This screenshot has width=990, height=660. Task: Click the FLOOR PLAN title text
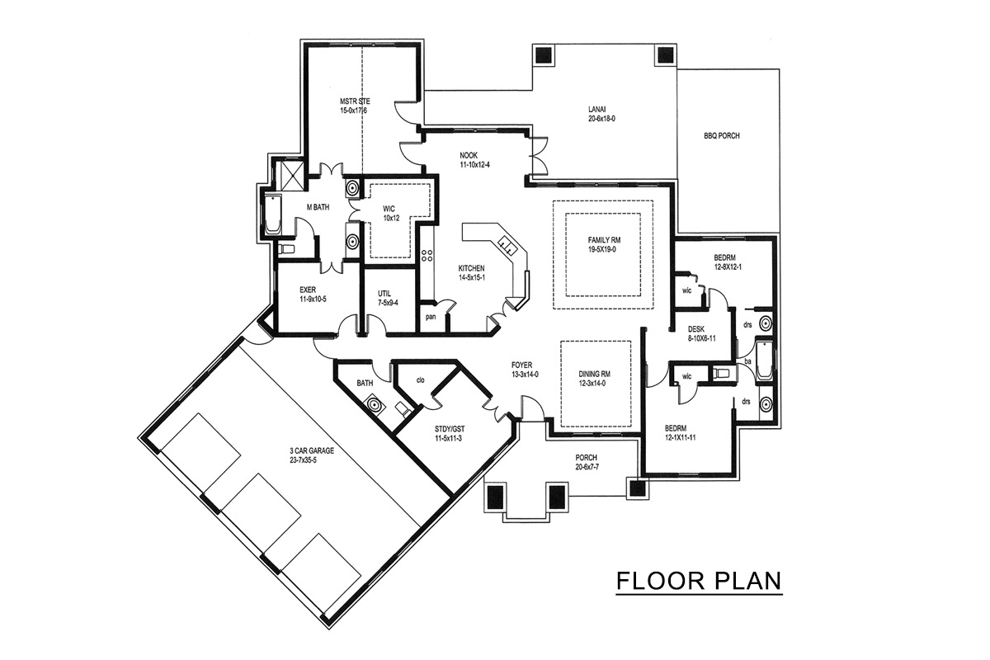pyautogui.click(x=699, y=581)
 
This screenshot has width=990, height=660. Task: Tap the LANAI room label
pyautogui.click(x=596, y=109)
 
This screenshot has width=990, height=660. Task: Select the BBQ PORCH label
pyautogui.click(x=722, y=136)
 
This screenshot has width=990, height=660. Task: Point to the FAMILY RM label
pyautogui.click(x=604, y=240)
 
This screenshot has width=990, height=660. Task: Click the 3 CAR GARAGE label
pyautogui.click(x=312, y=451)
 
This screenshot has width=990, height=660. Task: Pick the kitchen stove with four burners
pyautogui.click(x=427, y=256)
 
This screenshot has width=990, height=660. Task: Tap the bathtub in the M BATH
pyautogui.click(x=273, y=214)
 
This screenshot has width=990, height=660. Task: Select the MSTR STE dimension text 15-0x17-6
pyautogui.click(x=354, y=111)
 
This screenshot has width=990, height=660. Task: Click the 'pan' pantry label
pyautogui.click(x=431, y=317)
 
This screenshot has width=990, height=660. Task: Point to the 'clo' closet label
pyautogui.click(x=420, y=380)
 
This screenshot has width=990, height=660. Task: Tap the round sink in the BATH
pyautogui.click(x=375, y=405)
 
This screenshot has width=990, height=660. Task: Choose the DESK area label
pyautogui.click(x=696, y=329)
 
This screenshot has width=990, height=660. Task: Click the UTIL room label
pyautogui.click(x=384, y=294)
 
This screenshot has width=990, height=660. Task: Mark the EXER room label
pyautogui.click(x=308, y=290)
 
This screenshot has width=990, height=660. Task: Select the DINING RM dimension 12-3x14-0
pyautogui.click(x=592, y=384)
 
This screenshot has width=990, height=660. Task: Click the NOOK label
pyautogui.click(x=469, y=156)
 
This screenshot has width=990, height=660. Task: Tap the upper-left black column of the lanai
pyautogui.click(x=543, y=55)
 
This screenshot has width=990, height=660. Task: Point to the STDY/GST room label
pyautogui.click(x=450, y=429)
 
